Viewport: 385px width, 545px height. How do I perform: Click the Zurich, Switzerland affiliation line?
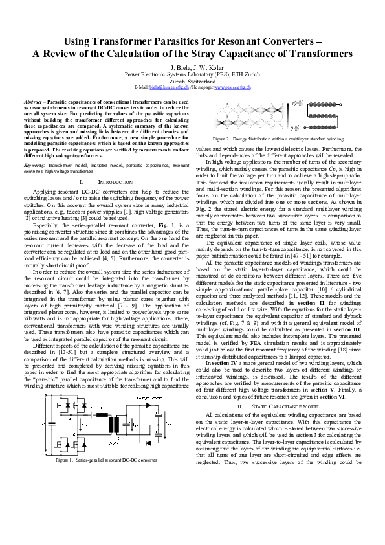pyautogui.click(x=192, y=80)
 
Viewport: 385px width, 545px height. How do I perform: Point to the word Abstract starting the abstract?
pyautogui.click(x=32, y=102)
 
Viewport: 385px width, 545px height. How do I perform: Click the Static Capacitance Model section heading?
pyautogui.click(x=279, y=406)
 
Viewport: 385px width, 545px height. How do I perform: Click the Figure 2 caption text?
pyautogui.click(x=279, y=139)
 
